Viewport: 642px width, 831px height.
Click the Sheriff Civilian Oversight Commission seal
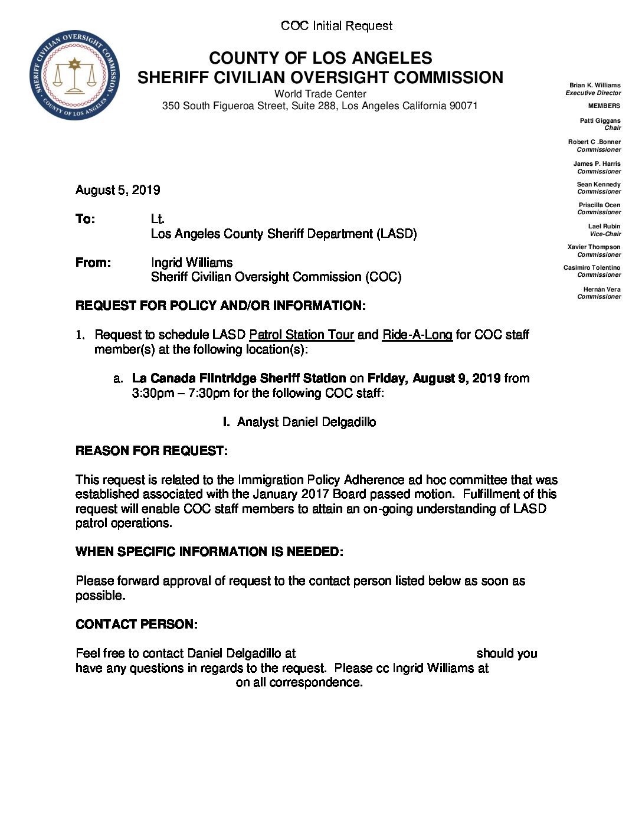74,75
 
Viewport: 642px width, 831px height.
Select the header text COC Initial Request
336,26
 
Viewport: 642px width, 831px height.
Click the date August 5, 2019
118,190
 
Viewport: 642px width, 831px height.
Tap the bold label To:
85,219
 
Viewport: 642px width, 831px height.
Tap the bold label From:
93,263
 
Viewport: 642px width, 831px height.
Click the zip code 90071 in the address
463,106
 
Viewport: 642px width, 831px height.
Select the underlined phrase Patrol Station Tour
302,335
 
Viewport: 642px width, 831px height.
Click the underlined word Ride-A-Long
417,335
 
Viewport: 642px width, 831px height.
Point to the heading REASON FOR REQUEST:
152,451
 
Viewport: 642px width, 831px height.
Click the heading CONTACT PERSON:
136,624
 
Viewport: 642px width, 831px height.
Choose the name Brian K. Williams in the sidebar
595,86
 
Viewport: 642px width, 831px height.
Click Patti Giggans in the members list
600,121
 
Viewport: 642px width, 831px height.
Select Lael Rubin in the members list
604,227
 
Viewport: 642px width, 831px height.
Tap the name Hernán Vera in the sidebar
602,290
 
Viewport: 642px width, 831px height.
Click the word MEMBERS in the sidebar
604,106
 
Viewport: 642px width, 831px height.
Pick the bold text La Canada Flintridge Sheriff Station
239,378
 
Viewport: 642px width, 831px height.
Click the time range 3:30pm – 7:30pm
181,393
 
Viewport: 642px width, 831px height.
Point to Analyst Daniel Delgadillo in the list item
306,422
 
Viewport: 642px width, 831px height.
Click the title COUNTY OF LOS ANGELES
320,58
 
